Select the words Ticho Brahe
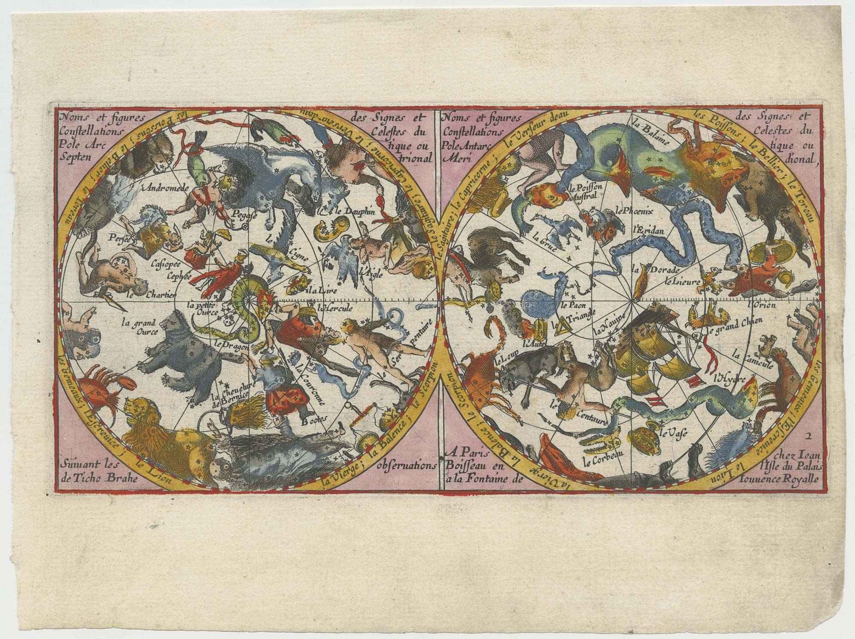coord(108,479)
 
